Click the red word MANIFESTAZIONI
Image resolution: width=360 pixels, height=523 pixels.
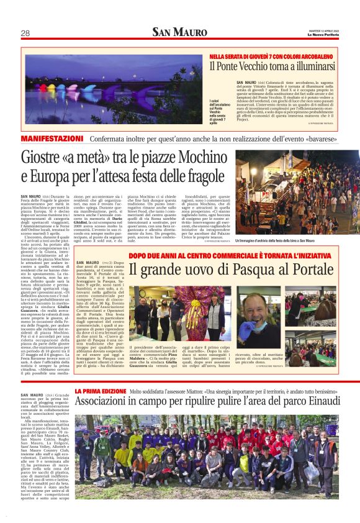(x=52, y=137)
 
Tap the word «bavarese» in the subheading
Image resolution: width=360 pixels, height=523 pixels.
(x=338, y=138)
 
